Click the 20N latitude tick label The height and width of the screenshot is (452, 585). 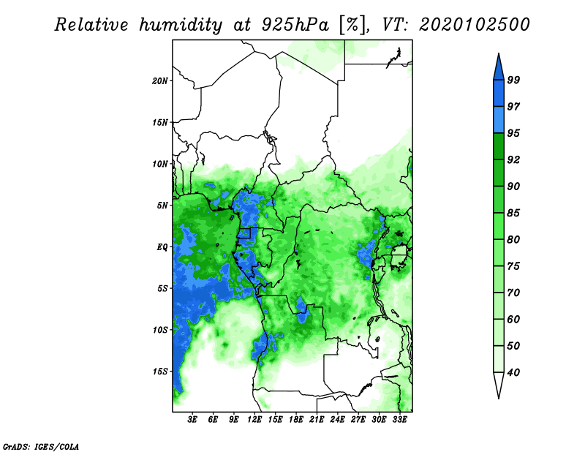(x=160, y=81)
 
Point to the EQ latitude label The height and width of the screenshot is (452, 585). (x=162, y=247)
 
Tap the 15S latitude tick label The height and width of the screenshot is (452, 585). (x=160, y=372)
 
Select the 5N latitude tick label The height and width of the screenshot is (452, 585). (x=162, y=206)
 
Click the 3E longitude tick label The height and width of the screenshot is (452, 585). (x=192, y=420)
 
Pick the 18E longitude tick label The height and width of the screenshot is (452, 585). (x=296, y=420)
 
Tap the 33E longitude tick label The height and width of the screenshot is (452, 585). (x=399, y=420)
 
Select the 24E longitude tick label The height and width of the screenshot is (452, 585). (x=337, y=420)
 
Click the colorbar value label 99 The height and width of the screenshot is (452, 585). (x=513, y=80)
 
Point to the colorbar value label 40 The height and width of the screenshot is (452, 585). (x=513, y=372)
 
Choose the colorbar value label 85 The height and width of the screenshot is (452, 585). (x=513, y=213)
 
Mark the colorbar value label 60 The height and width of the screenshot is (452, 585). (x=513, y=319)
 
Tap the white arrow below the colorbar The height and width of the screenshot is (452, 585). (x=499, y=384)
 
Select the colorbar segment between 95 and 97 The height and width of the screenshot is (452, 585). (x=499, y=120)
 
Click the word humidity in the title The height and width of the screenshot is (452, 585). (x=181, y=25)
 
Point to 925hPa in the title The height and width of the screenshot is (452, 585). (x=295, y=25)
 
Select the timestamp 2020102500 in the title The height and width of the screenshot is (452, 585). (x=474, y=25)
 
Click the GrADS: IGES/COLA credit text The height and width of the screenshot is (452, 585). (x=41, y=447)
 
